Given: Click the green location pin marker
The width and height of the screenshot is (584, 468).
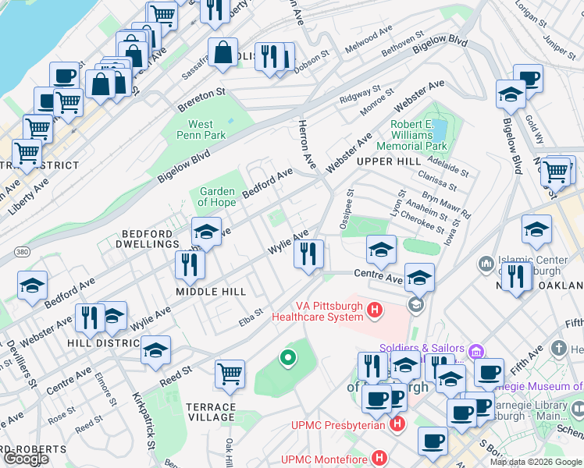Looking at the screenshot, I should click(288, 359).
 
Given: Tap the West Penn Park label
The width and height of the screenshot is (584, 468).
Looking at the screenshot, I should click(206, 129).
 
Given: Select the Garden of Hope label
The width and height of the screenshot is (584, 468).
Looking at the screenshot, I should click(217, 197).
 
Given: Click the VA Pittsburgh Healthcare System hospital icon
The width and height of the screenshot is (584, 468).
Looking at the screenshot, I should click(375, 310).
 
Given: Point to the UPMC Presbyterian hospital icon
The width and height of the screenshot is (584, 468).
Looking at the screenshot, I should click(397, 424).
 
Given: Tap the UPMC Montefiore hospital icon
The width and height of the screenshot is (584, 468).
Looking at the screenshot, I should click(379, 459).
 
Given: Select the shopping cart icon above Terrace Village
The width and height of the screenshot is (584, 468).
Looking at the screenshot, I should click(230, 374).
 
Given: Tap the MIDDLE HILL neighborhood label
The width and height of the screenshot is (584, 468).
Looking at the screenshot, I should click(211, 292).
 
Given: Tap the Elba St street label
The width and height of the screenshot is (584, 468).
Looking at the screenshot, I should click(251, 317).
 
